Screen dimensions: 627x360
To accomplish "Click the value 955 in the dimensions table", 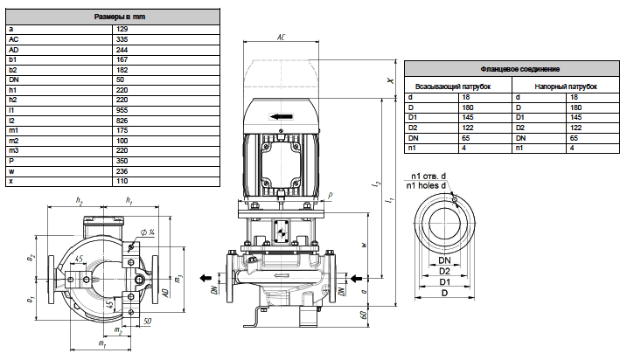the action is click(122, 110).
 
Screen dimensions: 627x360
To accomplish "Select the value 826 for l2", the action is click(122, 121).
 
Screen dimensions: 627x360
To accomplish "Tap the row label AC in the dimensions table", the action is click(14, 39).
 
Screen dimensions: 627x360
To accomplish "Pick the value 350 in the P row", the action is click(122, 161).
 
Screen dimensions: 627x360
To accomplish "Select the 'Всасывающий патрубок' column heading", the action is click(453, 87).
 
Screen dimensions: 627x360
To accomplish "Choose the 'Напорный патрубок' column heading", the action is click(566, 87).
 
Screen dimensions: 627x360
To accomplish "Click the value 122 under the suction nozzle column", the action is click(468, 128).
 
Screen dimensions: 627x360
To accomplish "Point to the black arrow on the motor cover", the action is click(282, 117).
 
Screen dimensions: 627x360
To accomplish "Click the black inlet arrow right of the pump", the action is click(356, 279).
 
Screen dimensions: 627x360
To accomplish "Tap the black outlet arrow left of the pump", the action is click(206, 278).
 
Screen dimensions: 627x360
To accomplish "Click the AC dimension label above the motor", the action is click(281, 38).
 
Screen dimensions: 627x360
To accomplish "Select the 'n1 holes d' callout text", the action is click(426, 185).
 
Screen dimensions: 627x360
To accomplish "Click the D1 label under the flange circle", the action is click(444, 281).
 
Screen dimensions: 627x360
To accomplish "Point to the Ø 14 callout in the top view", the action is click(148, 232).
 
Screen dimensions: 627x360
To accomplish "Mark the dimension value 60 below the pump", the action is click(364, 315).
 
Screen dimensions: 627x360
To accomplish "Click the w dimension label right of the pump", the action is click(365, 245).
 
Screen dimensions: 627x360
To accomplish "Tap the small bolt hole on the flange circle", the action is click(454, 198).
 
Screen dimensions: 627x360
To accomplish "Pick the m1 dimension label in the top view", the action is click(101, 343).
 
